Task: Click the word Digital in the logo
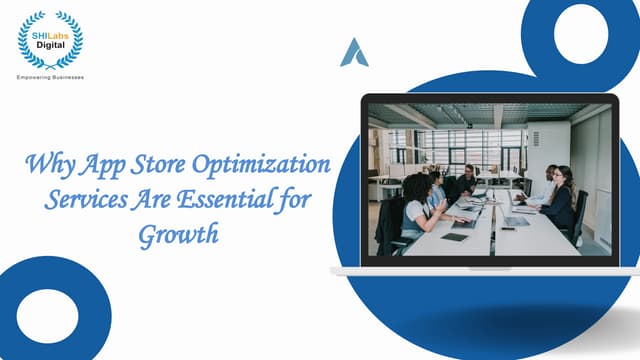click(50, 44)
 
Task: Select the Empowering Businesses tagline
click(50, 76)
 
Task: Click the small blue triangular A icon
click(354, 52)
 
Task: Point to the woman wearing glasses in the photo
click(561, 197)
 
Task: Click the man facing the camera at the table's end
click(468, 178)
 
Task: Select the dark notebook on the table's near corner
click(454, 237)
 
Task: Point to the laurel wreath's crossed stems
click(50, 66)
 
